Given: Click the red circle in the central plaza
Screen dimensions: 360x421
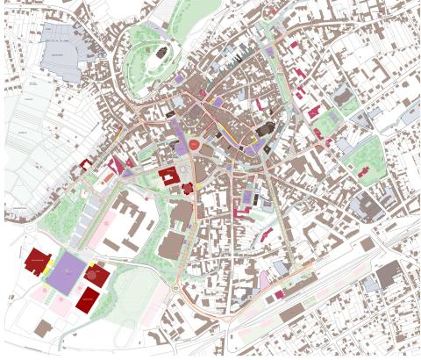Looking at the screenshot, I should [194, 145].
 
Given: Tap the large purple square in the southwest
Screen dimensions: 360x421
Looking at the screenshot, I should [68, 275].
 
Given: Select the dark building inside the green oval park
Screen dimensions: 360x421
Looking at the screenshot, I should [161, 54].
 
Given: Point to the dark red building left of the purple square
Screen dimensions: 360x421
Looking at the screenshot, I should [37, 260].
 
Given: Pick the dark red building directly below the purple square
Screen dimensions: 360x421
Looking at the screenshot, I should [88, 299].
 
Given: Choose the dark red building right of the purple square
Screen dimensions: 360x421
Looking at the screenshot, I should [97, 275].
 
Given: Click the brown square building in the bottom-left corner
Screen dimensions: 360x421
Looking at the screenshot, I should [43, 327].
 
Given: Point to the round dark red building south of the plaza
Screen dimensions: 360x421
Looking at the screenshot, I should [188, 187].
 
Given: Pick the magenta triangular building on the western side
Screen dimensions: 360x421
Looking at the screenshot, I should [116, 164].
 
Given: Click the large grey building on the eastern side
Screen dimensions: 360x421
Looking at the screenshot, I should [365, 205].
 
